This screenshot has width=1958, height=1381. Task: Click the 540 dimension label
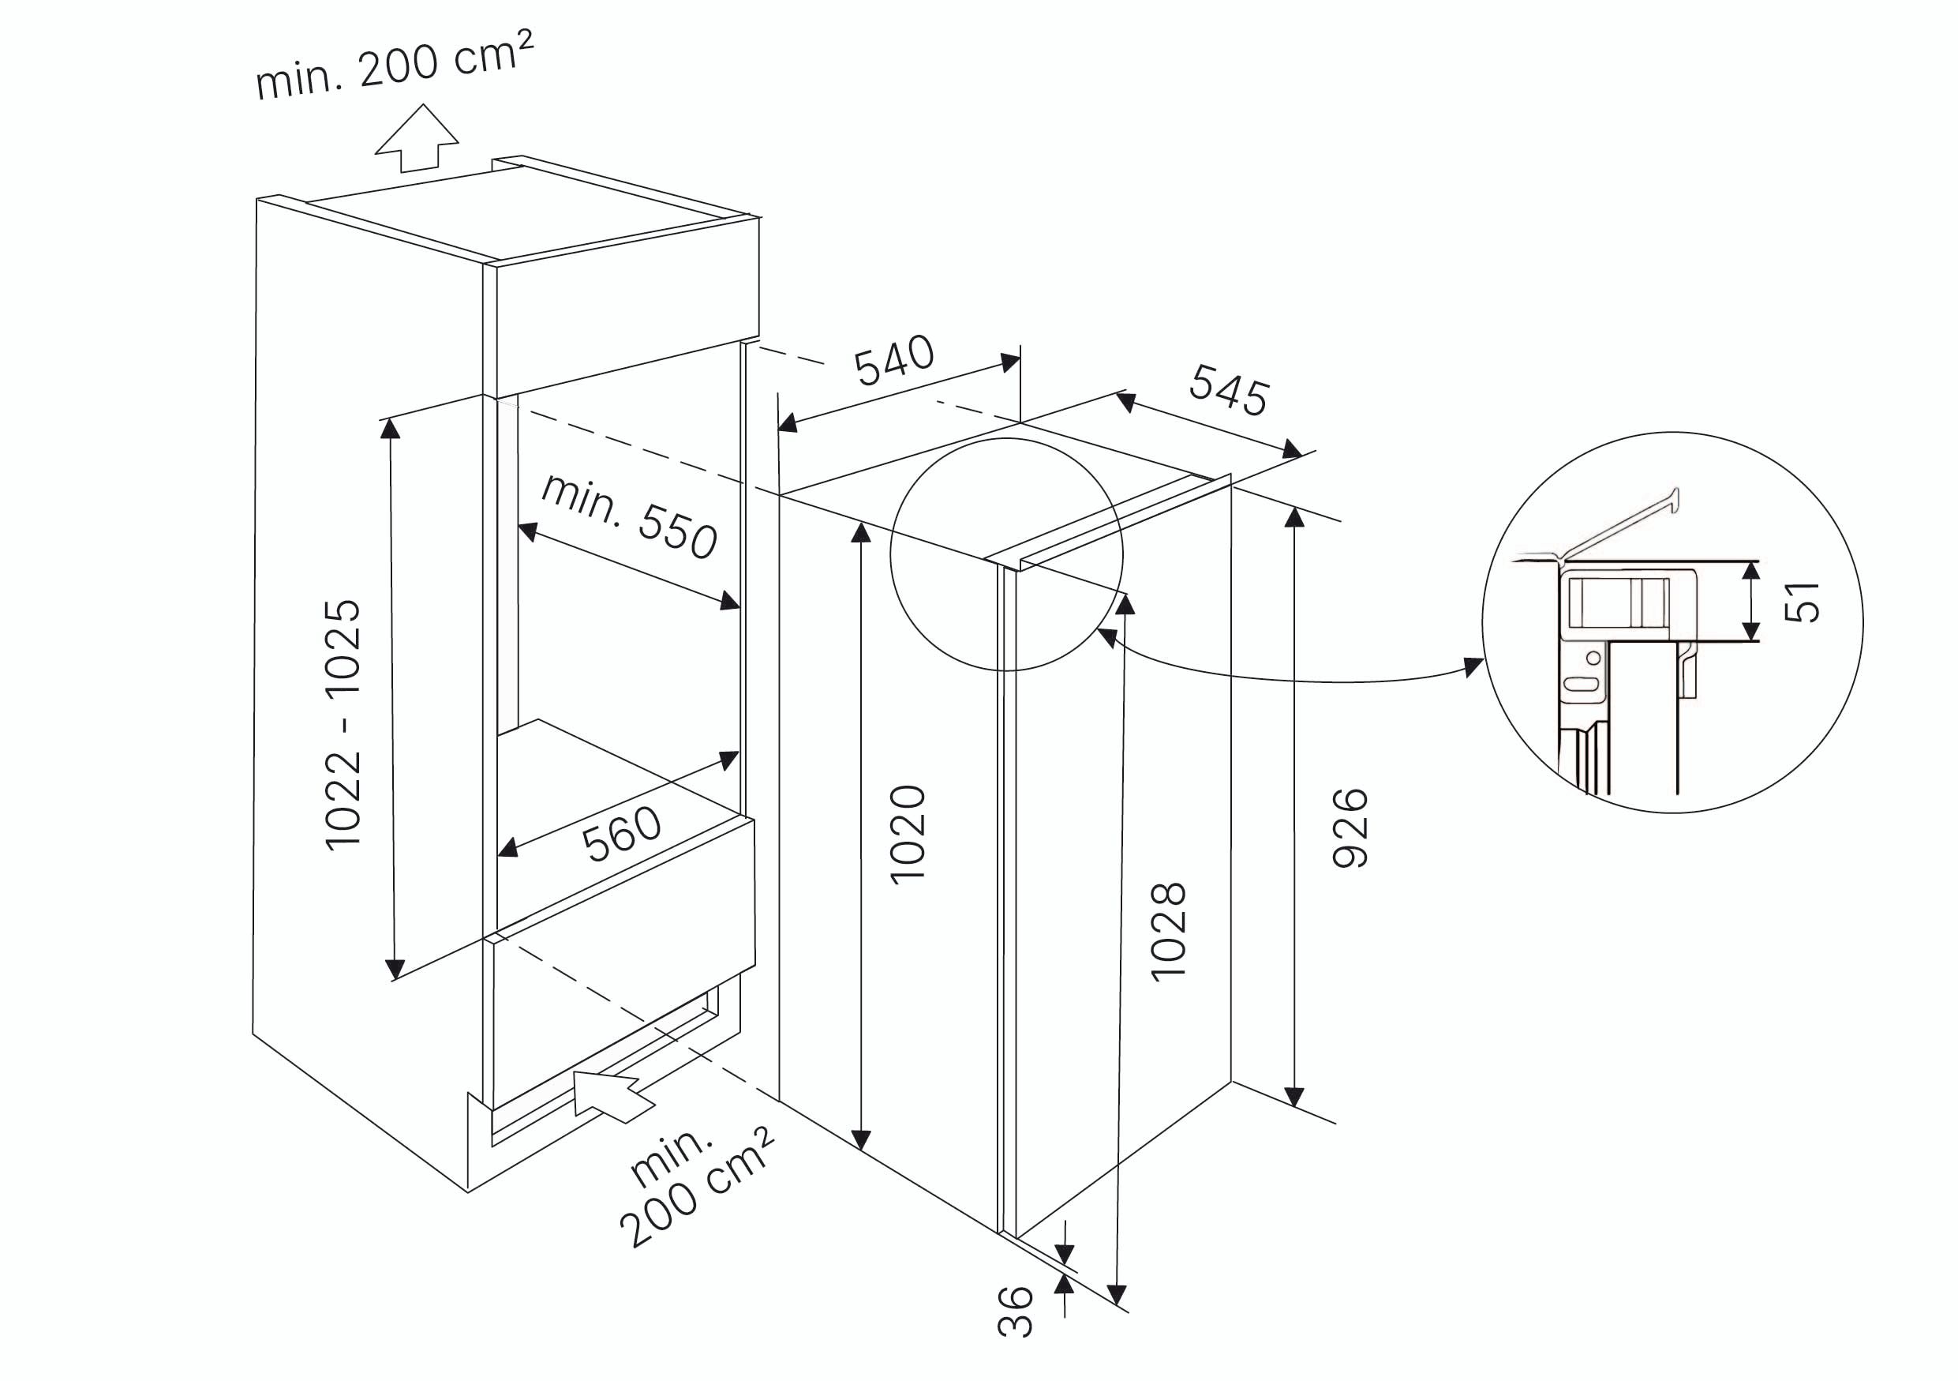coord(893,360)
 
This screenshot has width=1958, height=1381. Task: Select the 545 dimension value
coord(1229,390)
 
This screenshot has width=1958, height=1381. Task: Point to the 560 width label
coord(622,832)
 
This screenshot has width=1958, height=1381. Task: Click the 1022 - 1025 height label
coord(343,724)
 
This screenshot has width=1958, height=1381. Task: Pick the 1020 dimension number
coord(908,835)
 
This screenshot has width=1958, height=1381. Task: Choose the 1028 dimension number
coord(1168,933)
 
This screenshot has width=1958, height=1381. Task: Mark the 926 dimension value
coord(1350,828)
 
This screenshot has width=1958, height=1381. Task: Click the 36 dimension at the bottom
coord(1015,1311)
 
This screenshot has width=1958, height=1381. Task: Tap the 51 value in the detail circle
coord(1802,602)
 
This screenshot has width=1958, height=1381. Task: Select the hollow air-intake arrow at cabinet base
coord(610,1095)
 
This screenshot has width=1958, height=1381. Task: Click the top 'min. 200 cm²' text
coord(395,65)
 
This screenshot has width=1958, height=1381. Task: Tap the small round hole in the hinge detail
coord(1593,658)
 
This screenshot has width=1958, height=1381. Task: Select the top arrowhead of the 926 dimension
coord(1294,518)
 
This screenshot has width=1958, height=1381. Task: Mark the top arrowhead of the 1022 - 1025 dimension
coord(391,429)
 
